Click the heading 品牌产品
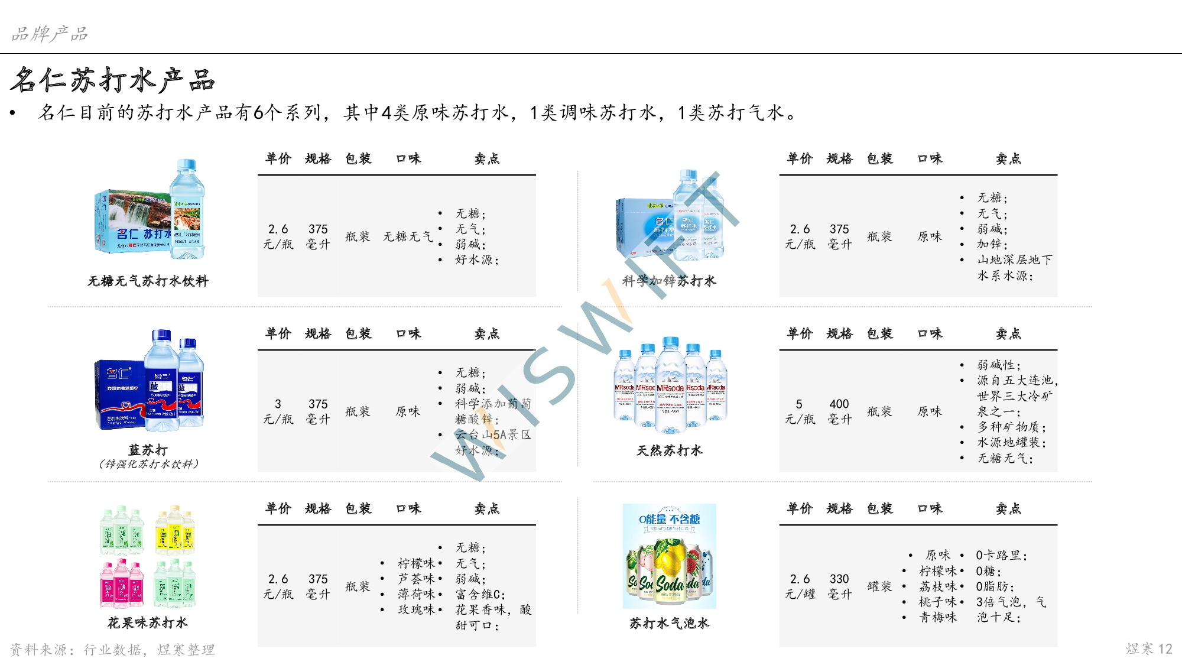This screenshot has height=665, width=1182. [x=50, y=34]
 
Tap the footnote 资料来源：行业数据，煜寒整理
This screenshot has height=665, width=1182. [x=112, y=650]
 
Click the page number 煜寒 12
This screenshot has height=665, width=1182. [x=1148, y=648]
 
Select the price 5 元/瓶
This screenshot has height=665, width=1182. [x=800, y=411]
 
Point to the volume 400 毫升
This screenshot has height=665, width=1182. [x=839, y=411]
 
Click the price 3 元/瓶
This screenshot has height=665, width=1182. [x=278, y=411]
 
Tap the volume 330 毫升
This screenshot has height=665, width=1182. [x=839, y=586]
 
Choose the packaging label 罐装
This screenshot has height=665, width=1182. [x=879, y=586]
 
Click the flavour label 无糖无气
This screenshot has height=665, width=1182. [x=408, y=236]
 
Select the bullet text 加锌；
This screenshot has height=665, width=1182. [x=992, y=244]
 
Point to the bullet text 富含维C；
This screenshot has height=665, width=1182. [x=480, y=594]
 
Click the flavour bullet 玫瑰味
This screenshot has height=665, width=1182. [x=416, y=609]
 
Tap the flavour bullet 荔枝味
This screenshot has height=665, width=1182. [x=937, y=586]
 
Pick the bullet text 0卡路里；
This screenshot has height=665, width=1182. [x=1002, y=556]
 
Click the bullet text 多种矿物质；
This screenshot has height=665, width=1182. [x=1011, y=427]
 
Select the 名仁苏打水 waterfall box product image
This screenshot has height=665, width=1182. [x=149, y=210]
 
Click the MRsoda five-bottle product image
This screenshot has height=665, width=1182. [x=669, y=385]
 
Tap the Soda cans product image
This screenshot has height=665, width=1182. [x=669, y=556]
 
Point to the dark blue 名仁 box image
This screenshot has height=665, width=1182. [x=149, y=379]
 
